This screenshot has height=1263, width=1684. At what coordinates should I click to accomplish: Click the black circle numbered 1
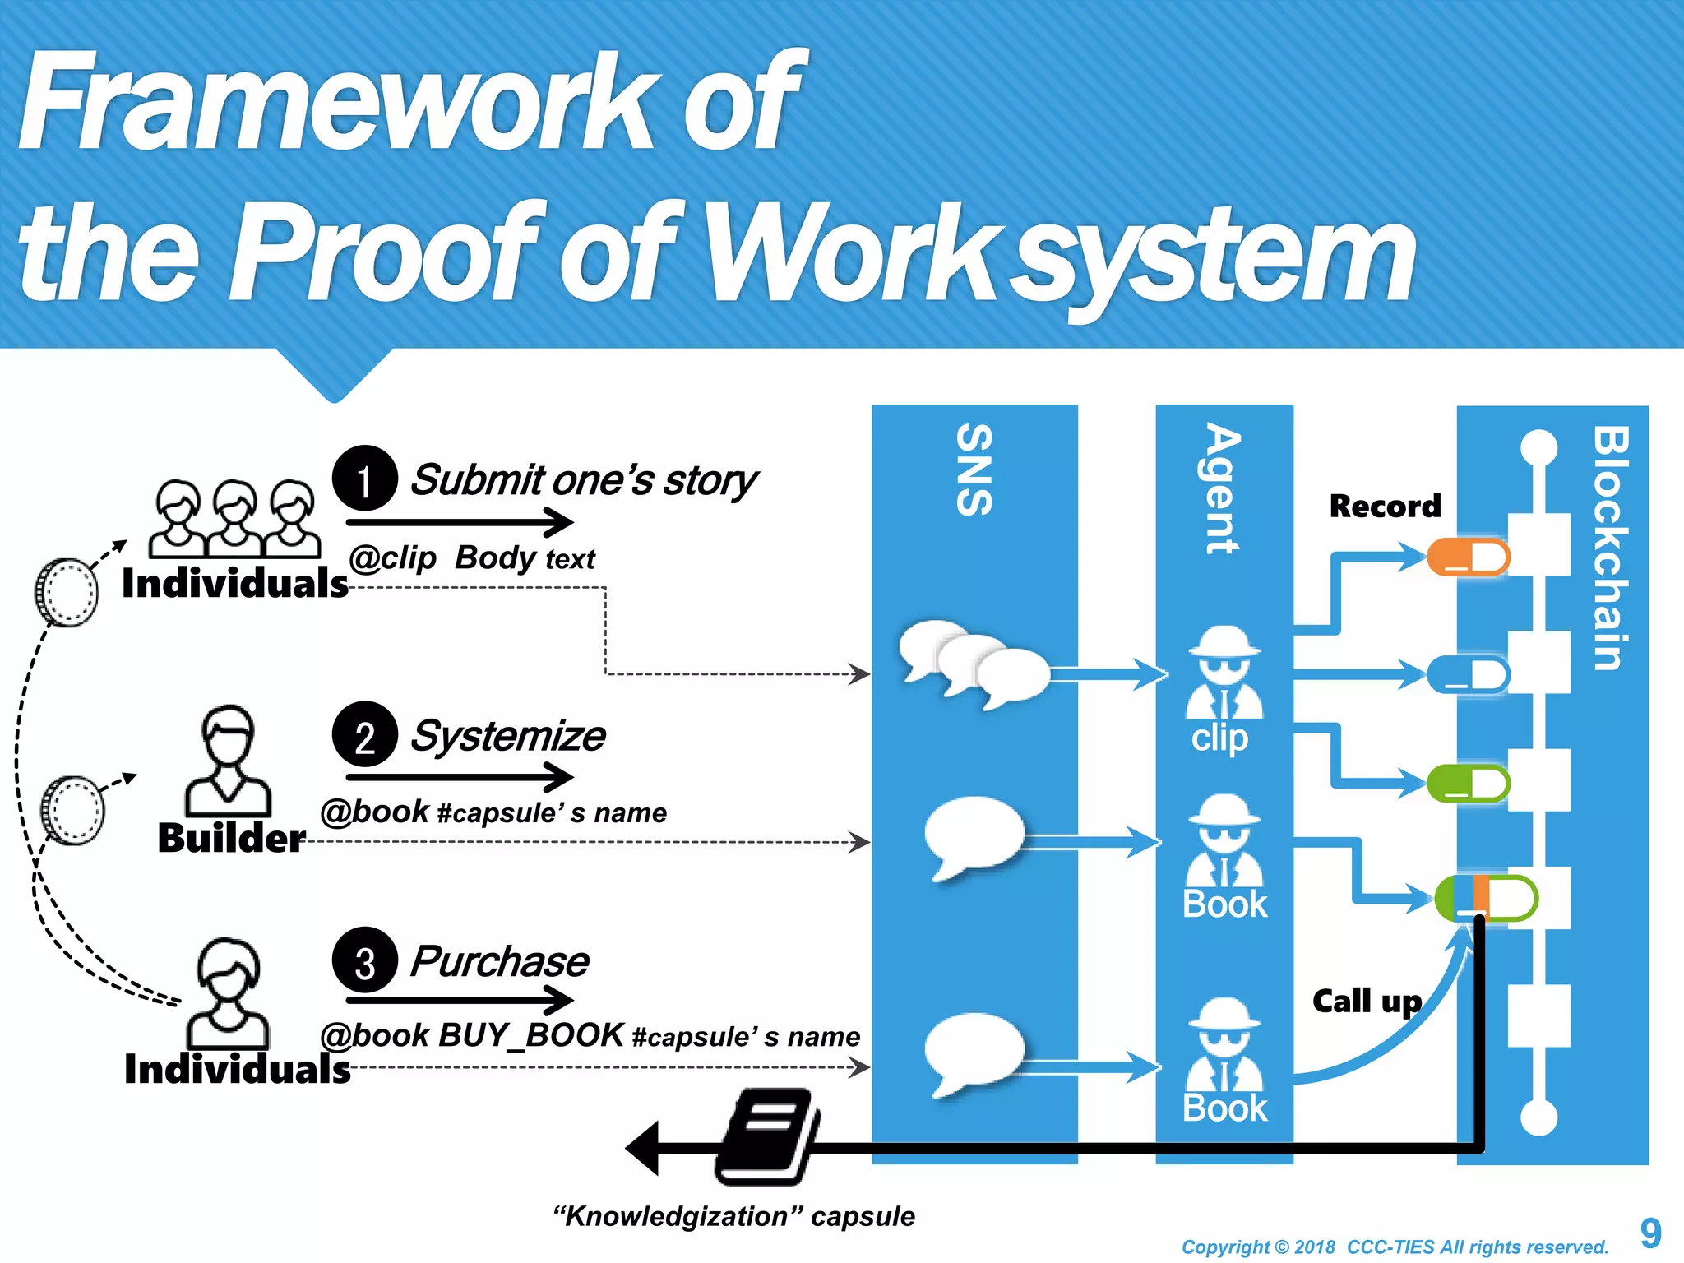click(x=365, y=479)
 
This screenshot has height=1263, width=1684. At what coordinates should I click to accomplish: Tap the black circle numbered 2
click(x=365, y=734)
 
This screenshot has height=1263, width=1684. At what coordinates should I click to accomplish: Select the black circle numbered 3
click(x=365, y=960)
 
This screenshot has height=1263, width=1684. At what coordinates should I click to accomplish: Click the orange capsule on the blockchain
click(x=1468, y=557)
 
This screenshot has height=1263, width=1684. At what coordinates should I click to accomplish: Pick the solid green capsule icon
click(x=1468, y=783)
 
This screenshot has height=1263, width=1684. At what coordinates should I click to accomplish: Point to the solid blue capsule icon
click(x=1468, y=674)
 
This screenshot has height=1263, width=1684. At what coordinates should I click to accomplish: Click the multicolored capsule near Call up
click(x=1486, y=899)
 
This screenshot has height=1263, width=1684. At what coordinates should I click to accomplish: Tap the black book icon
click(x=766, y=1136)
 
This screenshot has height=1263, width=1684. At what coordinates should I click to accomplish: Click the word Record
click(x=1385, y=506)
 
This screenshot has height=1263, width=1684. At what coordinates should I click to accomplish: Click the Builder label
click(x=231, y=838)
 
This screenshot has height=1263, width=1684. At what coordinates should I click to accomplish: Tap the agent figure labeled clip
click(x=1224, y=674)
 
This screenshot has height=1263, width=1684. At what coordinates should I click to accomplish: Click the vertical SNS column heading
click(x=974, y=470)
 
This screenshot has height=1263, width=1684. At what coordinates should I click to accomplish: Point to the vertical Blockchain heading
click(x=1609, y=548)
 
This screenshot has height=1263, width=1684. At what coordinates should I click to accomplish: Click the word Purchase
click(x=499, y=961)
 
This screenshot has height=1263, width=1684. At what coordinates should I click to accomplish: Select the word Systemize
click(x=508, y=735)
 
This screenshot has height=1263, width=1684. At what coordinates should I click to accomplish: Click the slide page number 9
click(x=1650, y=1233)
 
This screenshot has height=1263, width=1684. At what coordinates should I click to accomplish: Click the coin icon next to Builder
click(x=73, y=810)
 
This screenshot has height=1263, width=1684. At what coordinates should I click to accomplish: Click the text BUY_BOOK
click(x=531, y=1035)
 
